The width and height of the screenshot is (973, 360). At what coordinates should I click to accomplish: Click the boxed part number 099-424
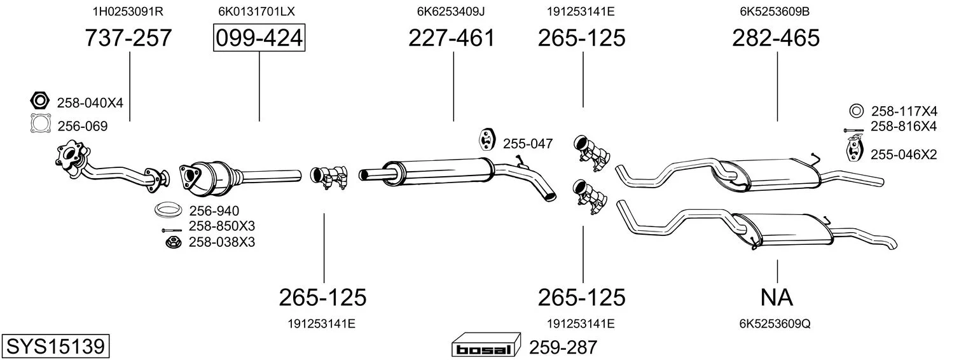(x=259, y=38)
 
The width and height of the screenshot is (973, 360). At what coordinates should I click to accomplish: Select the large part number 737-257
(x=128, y=38)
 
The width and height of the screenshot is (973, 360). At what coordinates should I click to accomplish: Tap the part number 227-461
(x=452, y=38)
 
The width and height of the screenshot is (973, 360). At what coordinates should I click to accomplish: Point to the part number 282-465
(x=776, y=38)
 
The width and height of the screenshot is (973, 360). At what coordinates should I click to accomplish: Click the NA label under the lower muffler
(x=776, y=298)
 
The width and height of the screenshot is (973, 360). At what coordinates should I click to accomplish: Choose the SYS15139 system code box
(x=55, y=347)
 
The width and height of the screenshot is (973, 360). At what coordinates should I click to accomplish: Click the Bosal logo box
(x=486, y=347)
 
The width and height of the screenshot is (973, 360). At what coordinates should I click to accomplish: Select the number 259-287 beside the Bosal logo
(x=563, y=347)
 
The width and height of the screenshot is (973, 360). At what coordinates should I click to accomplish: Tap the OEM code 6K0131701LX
(x=256, y=11)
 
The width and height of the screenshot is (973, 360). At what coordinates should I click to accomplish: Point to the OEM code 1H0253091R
(x=128, y=11)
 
